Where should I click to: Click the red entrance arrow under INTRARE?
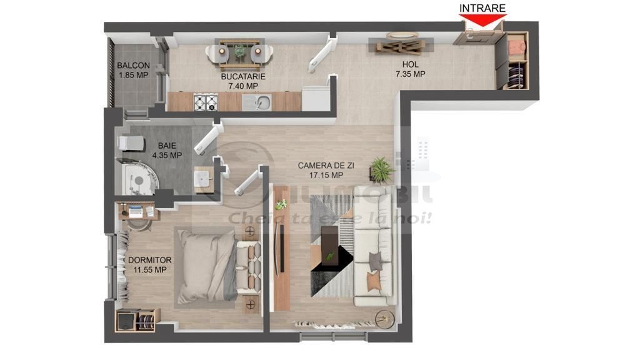click(482, 21)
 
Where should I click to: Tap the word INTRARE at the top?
click(482, 8)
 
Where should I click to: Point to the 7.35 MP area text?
click(410, 74)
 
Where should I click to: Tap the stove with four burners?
click(204, 101)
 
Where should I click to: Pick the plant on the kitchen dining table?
click(239, 51)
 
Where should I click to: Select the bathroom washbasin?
click(202, 178)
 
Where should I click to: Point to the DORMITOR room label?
click(149, 260)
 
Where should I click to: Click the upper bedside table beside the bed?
click(250, 232)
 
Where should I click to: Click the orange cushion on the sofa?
click(374, 282)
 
